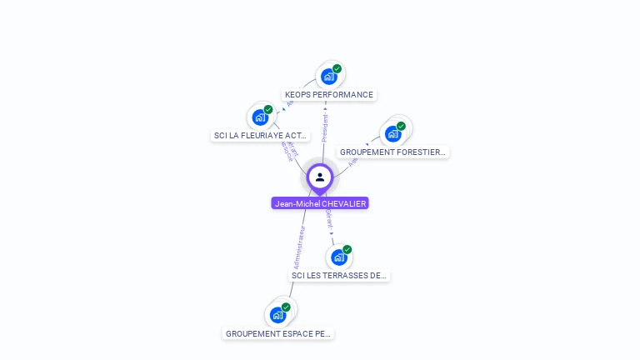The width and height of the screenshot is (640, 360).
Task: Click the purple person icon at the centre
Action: point(320,177)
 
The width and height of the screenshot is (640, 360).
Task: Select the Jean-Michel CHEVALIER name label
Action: point(320,203)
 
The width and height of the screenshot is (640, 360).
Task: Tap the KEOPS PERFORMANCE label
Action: point(329,95)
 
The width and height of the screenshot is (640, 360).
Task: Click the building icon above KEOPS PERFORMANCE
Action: point(328,77)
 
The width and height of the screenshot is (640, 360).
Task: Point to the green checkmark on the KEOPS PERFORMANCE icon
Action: point(337,68)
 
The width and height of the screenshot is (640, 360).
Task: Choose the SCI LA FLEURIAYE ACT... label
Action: point(260,135)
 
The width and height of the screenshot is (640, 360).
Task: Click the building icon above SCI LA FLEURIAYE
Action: point(259,117)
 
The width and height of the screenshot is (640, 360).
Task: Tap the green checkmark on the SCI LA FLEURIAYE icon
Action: point(268,109)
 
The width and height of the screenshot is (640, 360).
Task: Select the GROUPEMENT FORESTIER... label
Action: point(393,152)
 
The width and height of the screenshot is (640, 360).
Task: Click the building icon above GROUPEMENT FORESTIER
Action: point(392,134)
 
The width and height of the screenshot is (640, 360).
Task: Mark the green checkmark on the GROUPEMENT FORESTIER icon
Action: point(401,126)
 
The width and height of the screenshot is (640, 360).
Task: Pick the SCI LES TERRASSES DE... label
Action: point(339,275)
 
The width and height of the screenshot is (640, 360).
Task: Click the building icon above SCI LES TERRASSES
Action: point(338,257)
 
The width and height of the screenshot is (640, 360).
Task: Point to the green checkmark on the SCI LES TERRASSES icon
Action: point(347,249)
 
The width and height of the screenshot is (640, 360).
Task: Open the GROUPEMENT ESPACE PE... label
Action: point(278,333)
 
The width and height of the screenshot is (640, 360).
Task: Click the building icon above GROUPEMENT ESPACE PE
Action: point(277,316)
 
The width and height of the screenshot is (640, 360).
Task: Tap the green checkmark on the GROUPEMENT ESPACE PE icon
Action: point(286,307)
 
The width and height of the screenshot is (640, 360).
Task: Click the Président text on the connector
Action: point(325,127)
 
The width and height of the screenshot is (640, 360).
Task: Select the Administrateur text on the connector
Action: point(300,247)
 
